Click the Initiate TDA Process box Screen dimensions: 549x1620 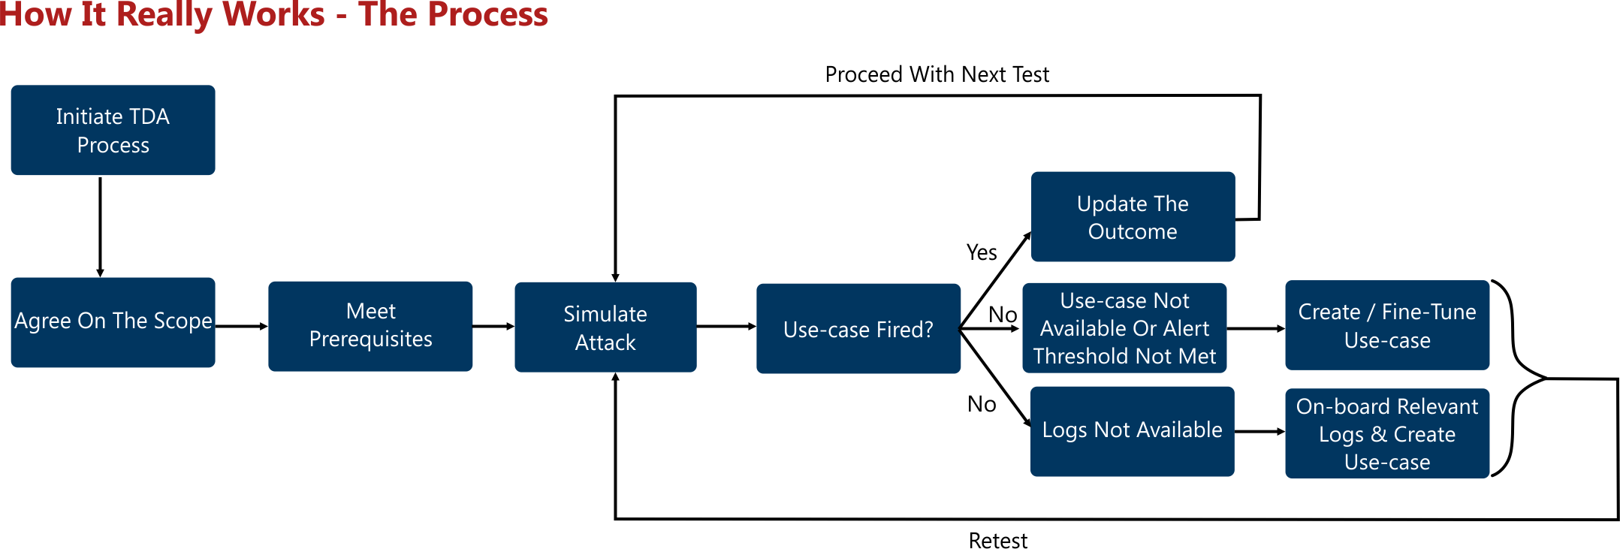click(113, 130)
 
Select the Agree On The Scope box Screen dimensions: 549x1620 click(113, 321)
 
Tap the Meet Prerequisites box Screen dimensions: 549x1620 click(370, 325)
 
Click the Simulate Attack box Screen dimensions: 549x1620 click(605, 327)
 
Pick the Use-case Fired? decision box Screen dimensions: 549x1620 click(858, 328)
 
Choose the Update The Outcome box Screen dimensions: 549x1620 click(1133, 216)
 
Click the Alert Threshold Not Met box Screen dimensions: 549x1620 click(1124, 327)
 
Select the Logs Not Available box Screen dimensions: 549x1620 click(1132, 430)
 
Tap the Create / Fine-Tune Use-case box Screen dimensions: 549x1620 click(1387, 325)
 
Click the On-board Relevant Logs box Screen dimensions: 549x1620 click(1387, 433)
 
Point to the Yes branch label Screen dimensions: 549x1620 click(982, 252)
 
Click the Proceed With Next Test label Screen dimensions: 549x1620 click(937, 74)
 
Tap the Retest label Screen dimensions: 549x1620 click(997, 540)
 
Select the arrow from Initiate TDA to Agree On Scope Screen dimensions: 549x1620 click(100, 226)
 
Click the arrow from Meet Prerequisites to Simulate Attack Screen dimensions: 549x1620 click(493, 326)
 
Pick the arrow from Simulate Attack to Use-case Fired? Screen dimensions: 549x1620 click(726, 326)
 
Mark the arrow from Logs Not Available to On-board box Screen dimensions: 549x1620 click(1259, 431)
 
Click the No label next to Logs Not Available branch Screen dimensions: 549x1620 click(982, 404)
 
